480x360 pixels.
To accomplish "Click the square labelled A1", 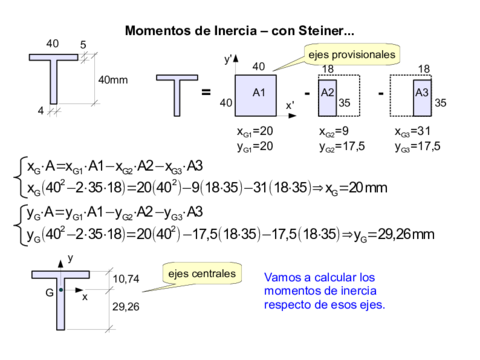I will click(x=258, y=92).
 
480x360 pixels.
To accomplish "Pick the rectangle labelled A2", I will click(x=327, y=92).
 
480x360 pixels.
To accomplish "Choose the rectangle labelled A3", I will click(x=421, y=92).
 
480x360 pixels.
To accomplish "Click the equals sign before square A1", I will click(x=207, y=93).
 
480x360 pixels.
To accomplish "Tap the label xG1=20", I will click(x=254, y=131).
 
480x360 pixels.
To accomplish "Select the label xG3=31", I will click(x=413, y=131).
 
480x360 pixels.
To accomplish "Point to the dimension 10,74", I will click(x=126, y=279).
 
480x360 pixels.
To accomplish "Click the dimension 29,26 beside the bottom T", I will click(x=126, y=306).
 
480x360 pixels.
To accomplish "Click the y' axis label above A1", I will click(x=228, y=61).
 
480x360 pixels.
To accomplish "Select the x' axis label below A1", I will click(x=290, y=105).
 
